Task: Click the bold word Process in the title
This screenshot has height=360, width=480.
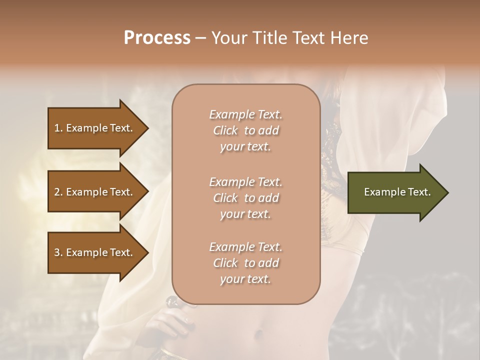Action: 157,38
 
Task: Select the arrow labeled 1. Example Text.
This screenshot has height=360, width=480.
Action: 95,128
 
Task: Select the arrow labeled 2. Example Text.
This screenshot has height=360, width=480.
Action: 95,192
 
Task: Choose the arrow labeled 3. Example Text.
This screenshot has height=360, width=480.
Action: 95,252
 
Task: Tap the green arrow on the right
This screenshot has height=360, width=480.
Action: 395,192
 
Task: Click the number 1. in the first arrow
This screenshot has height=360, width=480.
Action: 58,128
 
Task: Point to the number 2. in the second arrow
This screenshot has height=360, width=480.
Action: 58,192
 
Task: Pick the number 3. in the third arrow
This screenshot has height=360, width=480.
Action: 58,252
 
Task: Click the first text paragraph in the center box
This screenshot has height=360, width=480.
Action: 245,130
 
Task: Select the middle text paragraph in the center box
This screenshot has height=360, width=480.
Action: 245,197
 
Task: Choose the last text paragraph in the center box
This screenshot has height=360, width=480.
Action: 245,263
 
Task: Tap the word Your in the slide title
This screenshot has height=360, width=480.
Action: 228,38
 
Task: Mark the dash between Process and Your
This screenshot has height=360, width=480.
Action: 201,38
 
